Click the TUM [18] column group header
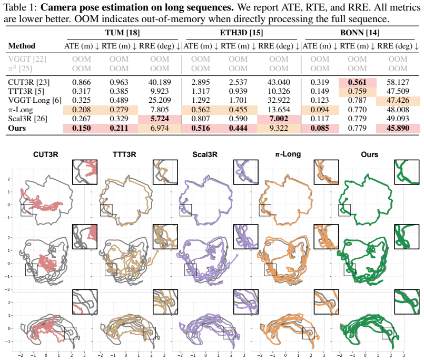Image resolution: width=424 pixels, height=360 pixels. tap(123, 33)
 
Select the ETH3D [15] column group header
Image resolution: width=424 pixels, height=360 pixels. tap(241, 33)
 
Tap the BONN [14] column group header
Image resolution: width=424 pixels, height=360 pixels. tap(360, 33)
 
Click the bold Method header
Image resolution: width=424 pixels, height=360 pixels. tap(22, 46)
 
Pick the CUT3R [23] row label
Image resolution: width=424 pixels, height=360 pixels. tap(28, 82)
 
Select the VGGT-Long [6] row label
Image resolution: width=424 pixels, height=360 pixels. tap(35, 100)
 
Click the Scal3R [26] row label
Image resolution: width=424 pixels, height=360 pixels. tap(27, 119)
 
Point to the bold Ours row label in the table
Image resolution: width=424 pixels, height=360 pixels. tap(17, 128)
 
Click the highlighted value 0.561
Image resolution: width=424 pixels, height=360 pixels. tap(357, 82)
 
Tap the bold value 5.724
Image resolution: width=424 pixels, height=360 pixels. tap(160, 119)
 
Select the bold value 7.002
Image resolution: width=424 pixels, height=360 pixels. tap(279, 119)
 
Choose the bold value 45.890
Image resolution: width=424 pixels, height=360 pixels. tap(398, 128)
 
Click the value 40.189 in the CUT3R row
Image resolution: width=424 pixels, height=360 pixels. tap(160, 82)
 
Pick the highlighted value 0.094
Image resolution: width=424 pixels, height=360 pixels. tap(320, 110)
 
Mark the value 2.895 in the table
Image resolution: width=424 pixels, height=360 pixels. tap(200, 82)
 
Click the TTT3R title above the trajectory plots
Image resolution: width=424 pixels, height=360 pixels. tap(124, 154)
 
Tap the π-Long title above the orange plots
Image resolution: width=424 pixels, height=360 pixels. tap(288, 154)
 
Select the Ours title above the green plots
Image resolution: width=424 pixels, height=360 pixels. tap(369, 154)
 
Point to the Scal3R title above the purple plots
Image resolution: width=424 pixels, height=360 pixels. tap(205, 154)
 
